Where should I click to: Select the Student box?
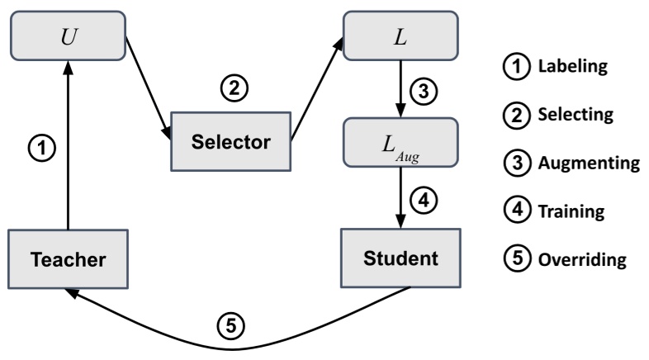point(401,258)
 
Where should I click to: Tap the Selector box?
point(231,141)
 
